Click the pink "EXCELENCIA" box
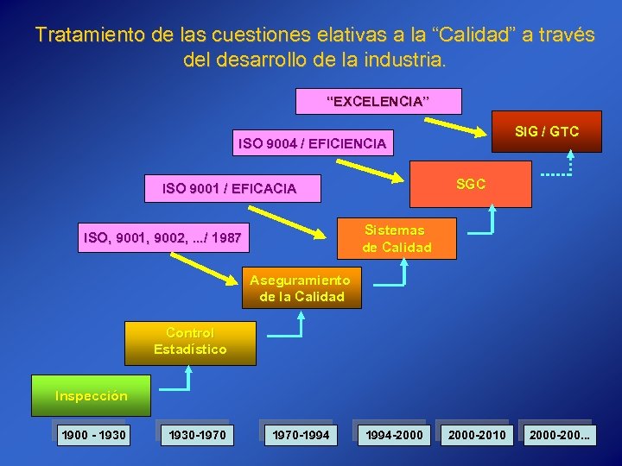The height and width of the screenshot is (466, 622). tap(378, 101)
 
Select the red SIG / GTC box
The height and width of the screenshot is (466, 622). tap(546, 132)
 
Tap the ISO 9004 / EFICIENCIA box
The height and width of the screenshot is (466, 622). tap(312, 143)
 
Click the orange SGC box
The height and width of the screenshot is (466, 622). tap(470, 184)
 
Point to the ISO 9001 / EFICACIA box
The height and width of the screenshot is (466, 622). tap(229, 188)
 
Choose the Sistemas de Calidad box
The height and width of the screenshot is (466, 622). tap(394, 238)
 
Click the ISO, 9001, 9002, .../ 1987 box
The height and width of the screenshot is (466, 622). tap(163, 236)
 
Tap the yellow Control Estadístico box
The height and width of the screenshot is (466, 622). tap(190, 342)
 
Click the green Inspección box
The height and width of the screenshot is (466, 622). tap(92, 396)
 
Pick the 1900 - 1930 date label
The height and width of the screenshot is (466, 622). tap(93, 434)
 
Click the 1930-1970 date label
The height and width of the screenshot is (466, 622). tap(198, 434)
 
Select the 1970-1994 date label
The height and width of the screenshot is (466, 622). tap(301, 434)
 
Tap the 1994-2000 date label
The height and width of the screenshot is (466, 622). tap(395, 434)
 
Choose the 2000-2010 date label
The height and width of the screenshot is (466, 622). tap(478, 434)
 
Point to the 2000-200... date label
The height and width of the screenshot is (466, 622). tap(561, 434)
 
